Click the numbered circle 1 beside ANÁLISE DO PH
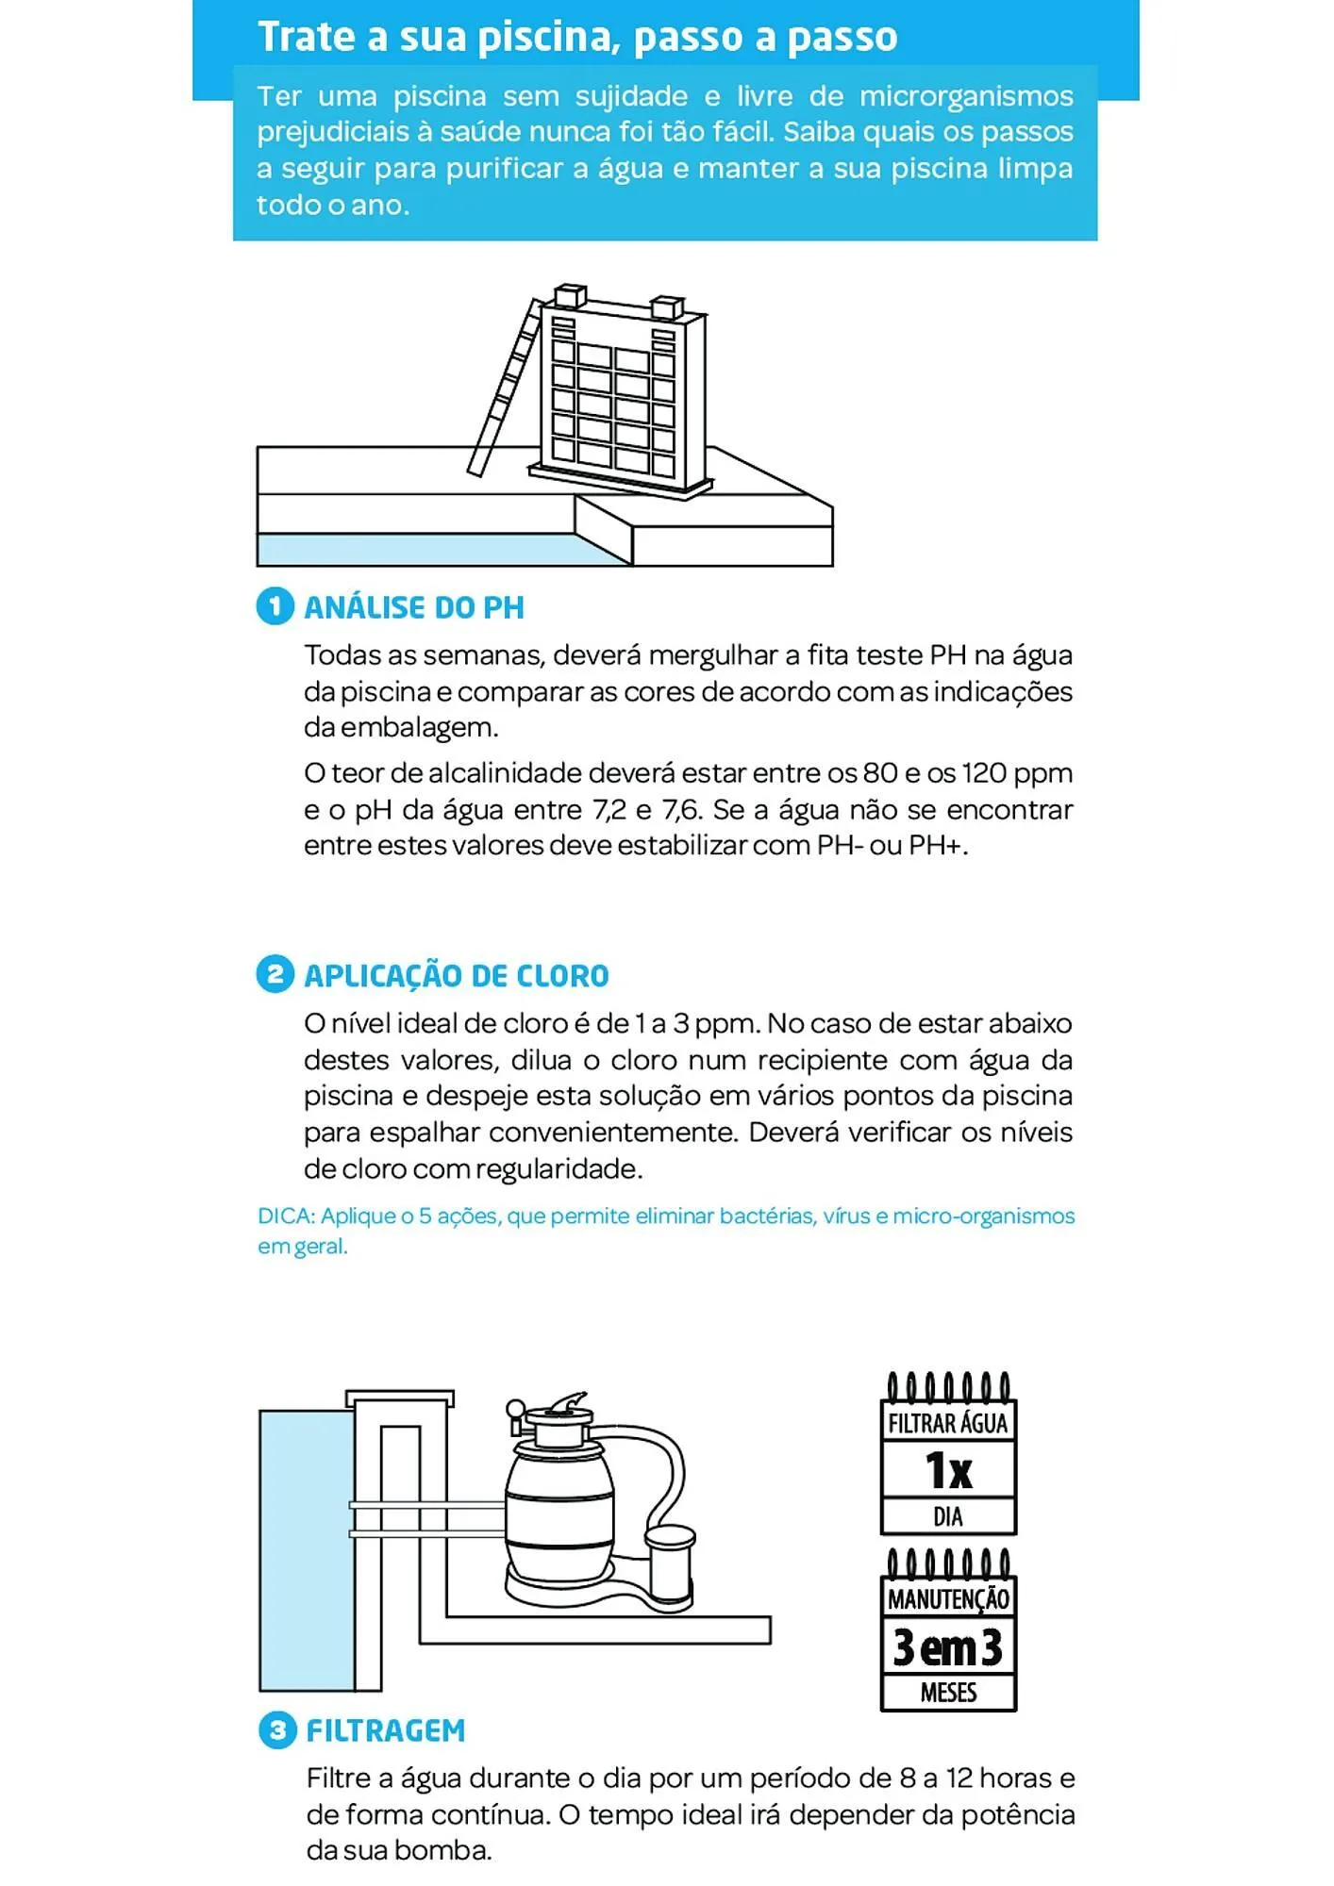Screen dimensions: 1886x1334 point(275,605)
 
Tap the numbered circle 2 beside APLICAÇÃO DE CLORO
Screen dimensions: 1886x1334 point(275,974)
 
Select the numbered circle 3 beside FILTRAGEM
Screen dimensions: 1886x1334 point(276,1730)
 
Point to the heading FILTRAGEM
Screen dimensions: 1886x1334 point(386,1731)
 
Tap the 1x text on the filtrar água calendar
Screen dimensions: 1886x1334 point(948,1470)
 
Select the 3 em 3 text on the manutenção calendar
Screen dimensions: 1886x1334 point(948,1647)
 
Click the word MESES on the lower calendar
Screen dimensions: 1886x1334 point(948,1693)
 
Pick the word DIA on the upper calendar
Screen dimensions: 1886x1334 point(948,1516)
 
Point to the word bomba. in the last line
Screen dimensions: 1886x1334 point(443,1850)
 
